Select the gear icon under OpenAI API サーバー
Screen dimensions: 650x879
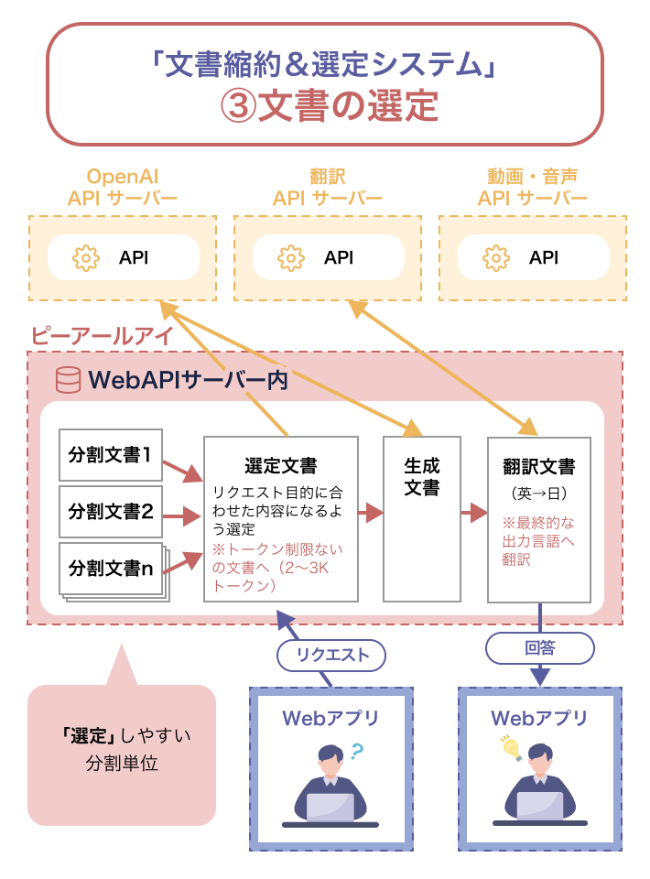click(x=85, y=257)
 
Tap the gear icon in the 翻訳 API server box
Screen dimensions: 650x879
click(x=290, y=257)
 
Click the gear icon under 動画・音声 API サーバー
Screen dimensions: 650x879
click(x=495, y=257)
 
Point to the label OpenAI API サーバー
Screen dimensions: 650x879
click(x=122, y=187)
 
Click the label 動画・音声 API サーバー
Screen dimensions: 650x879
click(x=532, y=187)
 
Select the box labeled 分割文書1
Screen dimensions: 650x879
click(x=110, y=454)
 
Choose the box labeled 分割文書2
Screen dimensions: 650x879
click(x=110, y=512)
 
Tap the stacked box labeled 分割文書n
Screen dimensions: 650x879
click(x=110, y=567)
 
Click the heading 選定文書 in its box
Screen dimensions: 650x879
click(x=281, y=465)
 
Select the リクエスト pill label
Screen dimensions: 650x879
click(x=331, y=654)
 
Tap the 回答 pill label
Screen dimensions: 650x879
click(x=539, y=648)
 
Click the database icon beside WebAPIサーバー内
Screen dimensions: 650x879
click(x=68, y=380)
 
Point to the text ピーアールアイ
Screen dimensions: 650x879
click(x=102, y=336)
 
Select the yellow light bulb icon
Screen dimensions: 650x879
click(x=509, y=746)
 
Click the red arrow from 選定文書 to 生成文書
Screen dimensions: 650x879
click(x=370, y=513)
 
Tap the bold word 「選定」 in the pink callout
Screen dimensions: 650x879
click(x=88, y=735)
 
